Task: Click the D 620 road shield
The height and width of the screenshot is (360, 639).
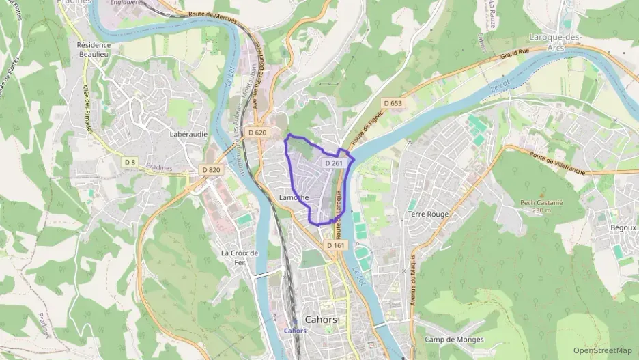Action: (x=257, y=133)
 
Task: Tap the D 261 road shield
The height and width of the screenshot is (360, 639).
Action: (x=333, y=163)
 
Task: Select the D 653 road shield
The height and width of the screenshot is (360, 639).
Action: (x=393, y=103)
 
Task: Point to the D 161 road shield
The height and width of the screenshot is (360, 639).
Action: (x=335, y=245)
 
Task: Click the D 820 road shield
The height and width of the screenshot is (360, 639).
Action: (x=211, y=169)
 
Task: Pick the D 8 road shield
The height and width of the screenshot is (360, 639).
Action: (x=131, y=162)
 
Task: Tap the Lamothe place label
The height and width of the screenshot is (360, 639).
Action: (x=294, y=198)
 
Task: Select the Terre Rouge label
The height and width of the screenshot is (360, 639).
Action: (x=428, y=214)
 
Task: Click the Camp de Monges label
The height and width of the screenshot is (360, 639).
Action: (x=454, y=340)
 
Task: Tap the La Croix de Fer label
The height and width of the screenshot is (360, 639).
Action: (x=240, y=257)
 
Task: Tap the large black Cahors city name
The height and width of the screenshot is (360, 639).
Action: (x=321, y=320)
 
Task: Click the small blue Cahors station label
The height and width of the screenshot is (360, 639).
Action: (x=294, y=331)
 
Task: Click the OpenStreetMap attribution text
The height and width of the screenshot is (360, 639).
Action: (x=602, y=350)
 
